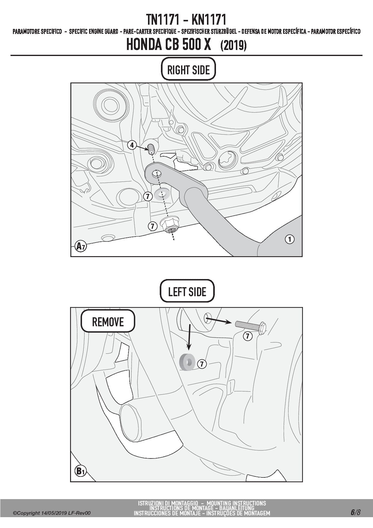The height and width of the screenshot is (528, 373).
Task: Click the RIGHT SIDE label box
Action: coord(189,69)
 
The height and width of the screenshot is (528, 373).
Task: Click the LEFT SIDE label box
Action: coord(187,291)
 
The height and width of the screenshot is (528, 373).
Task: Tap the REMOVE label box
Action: coord(108,321)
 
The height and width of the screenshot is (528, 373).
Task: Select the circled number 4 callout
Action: coord(132,145)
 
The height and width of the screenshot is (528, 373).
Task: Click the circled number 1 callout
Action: coord(289,239)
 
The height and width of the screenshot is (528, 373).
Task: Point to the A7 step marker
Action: coord(80,246)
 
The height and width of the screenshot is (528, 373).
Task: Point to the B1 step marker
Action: coord(80,471)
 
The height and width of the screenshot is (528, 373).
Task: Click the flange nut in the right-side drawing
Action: coord(170,225)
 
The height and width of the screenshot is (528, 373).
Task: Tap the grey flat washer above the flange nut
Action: coord(162,194)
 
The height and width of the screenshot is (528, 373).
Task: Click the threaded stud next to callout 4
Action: coord(151,148)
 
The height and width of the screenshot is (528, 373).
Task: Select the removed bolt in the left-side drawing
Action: coord(250,326)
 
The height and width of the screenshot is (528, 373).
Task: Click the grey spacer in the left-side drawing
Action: coord(187,362)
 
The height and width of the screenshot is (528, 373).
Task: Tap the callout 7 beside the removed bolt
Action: coord(247,336)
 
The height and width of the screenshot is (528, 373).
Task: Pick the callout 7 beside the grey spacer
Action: coord(202,364)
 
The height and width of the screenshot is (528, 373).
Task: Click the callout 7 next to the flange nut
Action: coord(153,226)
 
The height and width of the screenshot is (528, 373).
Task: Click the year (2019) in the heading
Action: coord(233,45)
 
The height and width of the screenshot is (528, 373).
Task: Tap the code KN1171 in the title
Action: coord(208,20)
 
